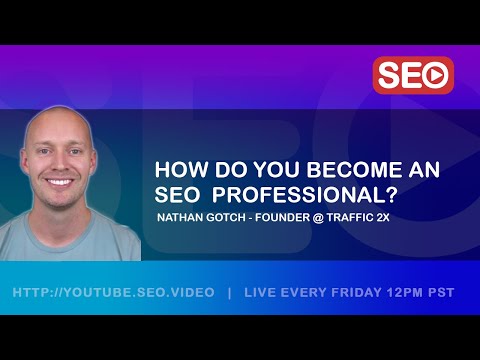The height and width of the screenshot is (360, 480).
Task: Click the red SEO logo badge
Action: click(x=413, y=75)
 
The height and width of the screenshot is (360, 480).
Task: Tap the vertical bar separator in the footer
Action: click(x=230, y=292)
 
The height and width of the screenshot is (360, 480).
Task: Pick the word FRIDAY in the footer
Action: click(x=351, y=292)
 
